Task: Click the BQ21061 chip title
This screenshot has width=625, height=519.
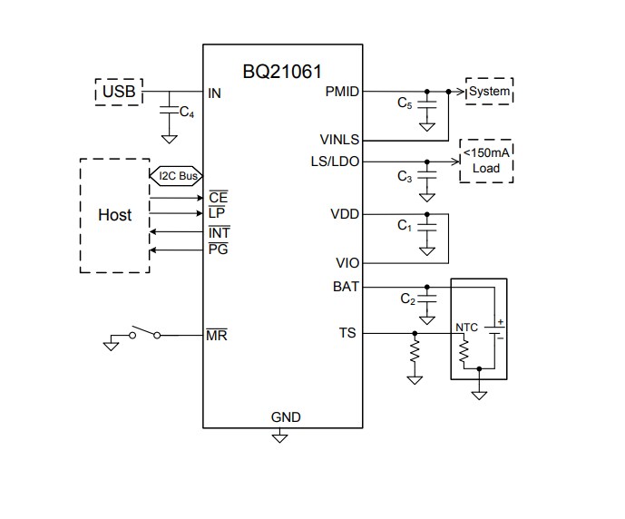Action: [x=282, y=71]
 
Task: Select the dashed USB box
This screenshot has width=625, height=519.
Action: [x=119, y=92]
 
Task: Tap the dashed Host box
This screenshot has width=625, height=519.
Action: [x=114, y=215]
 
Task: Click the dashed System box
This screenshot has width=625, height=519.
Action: [x=489, y=92]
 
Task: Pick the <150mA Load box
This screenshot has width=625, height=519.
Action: [x=486, y=162]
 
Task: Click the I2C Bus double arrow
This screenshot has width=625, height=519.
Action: [x=175, y=175]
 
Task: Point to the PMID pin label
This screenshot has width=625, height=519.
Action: [x=341, y=92]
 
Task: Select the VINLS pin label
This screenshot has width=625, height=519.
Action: [x=339, y=141]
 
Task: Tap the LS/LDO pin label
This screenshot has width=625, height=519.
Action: [x=335, y=162]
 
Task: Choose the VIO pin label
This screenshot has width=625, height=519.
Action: [x=347, y=263]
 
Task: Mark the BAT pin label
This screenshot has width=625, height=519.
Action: [x=347, y=287]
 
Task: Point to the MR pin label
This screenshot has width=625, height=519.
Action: [x=217, y=335]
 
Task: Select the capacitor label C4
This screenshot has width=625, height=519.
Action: [x=186, y=113]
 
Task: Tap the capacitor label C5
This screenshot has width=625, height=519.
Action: [x=405, y=103]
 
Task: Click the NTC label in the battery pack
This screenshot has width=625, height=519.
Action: [x=466, y=326]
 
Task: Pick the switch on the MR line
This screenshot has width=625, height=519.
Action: [x=145, y=332]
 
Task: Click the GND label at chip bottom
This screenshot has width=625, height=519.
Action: [x=285, y=417]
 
